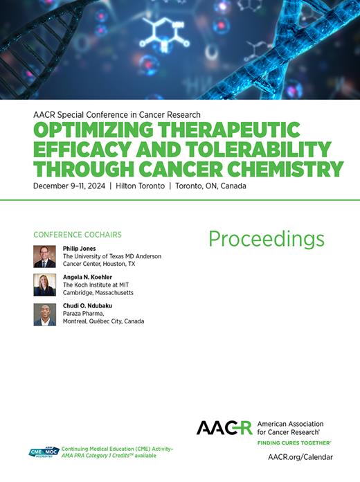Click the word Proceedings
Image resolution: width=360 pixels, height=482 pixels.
click(x=266, y=240)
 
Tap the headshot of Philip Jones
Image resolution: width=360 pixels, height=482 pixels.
click(x=44, y=256)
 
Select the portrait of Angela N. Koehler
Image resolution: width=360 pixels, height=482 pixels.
click(x=44, y=285)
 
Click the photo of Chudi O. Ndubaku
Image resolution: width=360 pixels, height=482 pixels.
click(x=44, y=314)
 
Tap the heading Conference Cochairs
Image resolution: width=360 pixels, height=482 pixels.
click(x=78, y=233)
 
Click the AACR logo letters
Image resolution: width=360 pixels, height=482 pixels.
click(x=224, y=427)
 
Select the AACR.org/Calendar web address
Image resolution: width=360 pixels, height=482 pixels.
click(x=300, y=457)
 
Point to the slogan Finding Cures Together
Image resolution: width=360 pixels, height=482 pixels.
click(x=294, y=442)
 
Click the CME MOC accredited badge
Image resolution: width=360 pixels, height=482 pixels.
click(x=44, y=452)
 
